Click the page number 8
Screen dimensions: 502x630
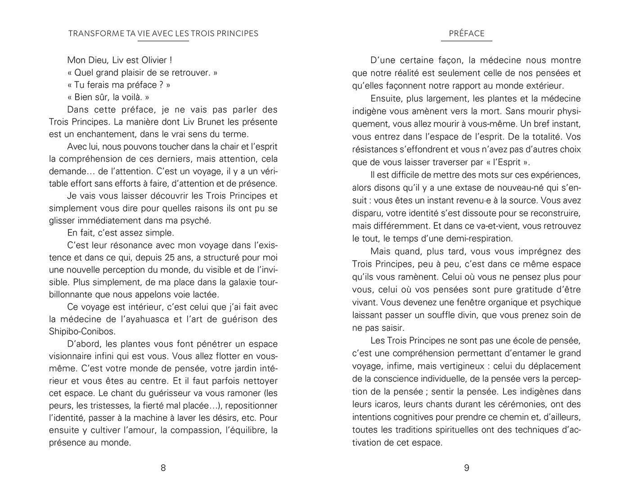point(163,468)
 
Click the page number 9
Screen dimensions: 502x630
point(467,468)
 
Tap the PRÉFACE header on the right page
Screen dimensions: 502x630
point(467,33)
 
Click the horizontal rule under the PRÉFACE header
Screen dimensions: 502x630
point(467,41)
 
